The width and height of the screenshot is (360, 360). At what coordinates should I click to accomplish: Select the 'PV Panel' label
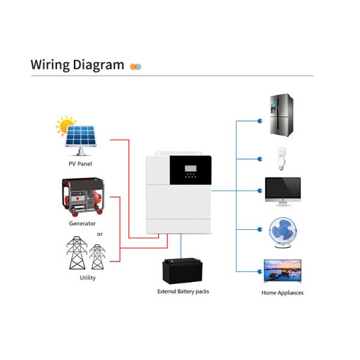point(80,163)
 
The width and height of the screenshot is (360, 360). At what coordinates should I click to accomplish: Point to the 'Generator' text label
point(82,223)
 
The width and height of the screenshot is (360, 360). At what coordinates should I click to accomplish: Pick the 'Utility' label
point(86,278)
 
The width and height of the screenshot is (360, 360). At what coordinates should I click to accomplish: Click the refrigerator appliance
point(282,114)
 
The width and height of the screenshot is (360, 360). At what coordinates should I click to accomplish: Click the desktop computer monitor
point(282,191)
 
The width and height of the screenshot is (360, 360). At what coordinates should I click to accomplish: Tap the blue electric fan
point(281,231)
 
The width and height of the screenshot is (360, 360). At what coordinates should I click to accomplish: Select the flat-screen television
point(282,270)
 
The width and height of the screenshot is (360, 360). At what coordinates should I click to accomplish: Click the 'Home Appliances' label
point(282,293)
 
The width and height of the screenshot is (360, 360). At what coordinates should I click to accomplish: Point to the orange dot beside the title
point(133,66)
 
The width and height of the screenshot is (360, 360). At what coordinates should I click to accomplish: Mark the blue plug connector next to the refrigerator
point(259,121)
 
